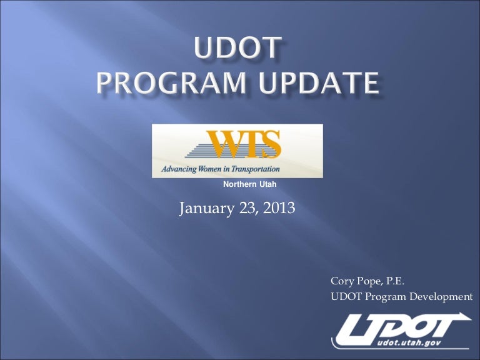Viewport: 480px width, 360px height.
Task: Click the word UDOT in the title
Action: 238,47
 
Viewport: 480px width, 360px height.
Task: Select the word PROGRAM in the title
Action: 171,82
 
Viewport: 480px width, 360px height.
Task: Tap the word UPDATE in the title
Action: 319,82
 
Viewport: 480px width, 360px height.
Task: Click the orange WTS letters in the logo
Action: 243,144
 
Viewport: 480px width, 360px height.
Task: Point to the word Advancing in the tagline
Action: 179,169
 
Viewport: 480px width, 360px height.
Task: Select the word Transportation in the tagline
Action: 255,169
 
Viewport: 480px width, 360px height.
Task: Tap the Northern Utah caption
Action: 250,184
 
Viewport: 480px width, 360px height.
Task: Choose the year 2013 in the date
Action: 279,208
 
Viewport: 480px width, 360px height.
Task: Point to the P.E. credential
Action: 395,281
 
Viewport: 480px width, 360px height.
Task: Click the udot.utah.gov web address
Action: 409,343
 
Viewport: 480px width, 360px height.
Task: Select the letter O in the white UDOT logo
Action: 414,329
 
